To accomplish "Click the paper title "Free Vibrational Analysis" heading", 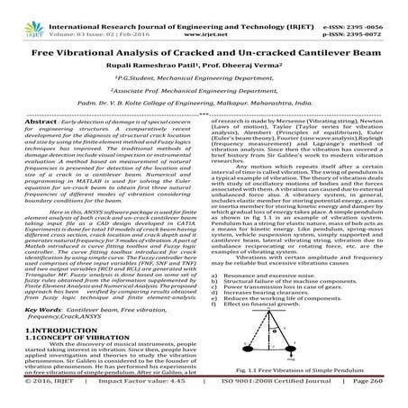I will point(204,52).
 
